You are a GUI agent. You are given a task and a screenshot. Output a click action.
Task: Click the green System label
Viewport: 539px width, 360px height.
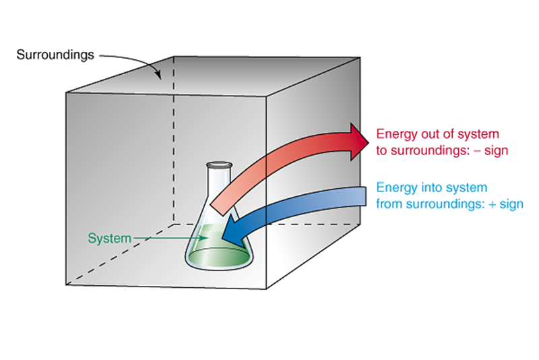pyautogui.click(x=108, y=238)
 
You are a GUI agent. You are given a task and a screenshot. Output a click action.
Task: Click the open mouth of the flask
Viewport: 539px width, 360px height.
pyautogui.click(x=219, y=164)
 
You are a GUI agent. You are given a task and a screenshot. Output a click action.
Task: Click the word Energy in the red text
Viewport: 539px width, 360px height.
pyautogui.click(x=395, y=133)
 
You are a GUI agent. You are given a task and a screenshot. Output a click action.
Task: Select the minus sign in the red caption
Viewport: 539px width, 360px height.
pyautogui.click(x=476, y=150)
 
